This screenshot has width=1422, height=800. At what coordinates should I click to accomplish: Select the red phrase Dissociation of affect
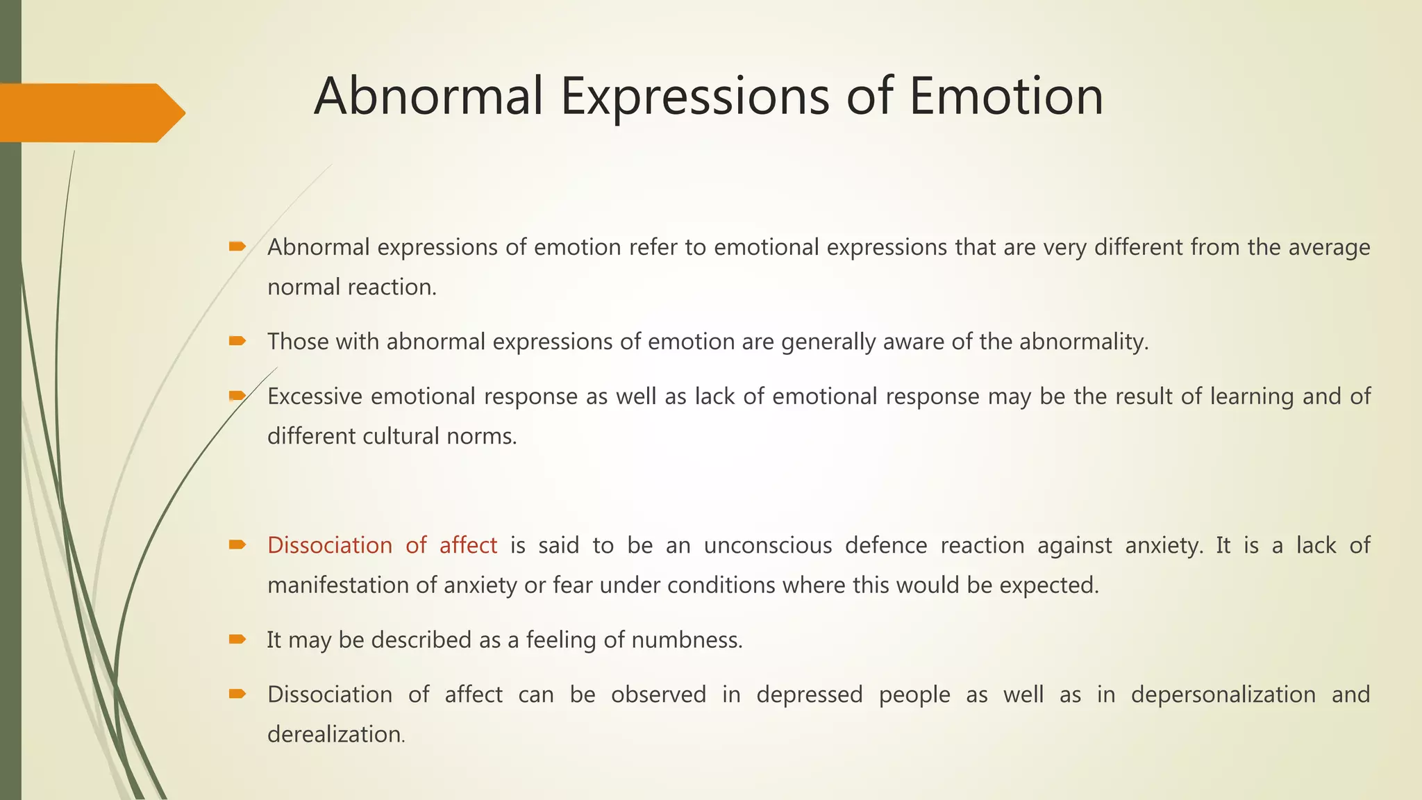coord(382,545)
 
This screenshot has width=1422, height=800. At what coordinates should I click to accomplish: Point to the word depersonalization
coord(1223,694)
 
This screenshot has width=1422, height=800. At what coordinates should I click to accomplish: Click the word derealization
coord(335,734)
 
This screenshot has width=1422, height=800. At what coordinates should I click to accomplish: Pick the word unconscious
coord(767,545)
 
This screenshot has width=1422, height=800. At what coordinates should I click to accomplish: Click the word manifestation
coord(338,585)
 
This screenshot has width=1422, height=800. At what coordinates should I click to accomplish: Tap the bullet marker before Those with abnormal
coord(237,341)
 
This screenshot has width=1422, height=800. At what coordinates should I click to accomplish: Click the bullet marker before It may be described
coord(237,639)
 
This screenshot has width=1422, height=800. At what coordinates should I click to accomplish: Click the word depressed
coord(809,694)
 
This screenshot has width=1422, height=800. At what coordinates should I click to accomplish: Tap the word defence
coord(885,545)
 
